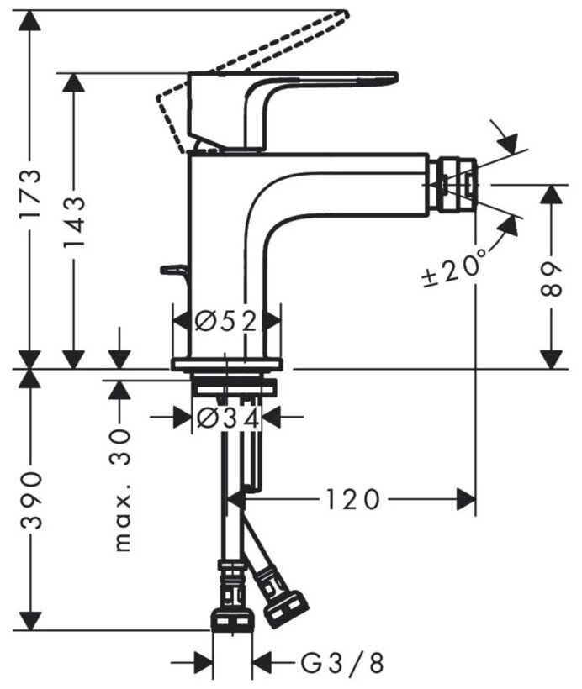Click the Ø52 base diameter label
click(x=225, y=320)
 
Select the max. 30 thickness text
click(x=123, y=490)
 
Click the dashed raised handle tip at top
click(x=341, y=16)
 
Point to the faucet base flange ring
click(x=227, y=364)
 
